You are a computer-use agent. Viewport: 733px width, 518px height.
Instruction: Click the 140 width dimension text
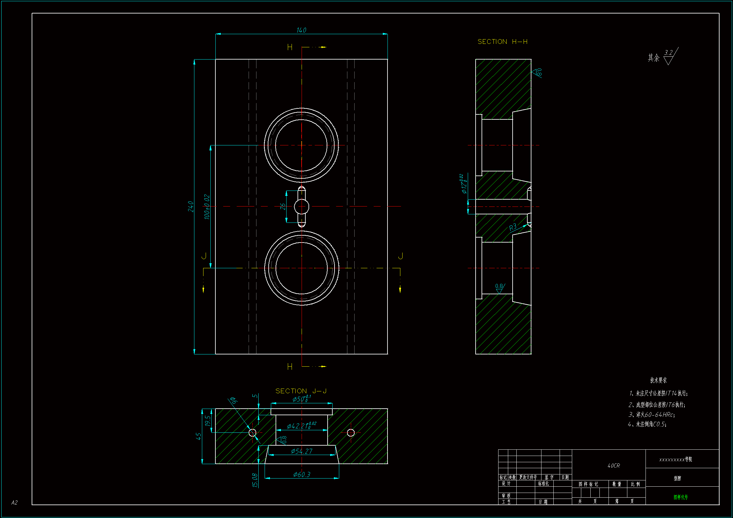301,30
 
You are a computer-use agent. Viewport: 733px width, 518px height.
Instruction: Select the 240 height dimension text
191,207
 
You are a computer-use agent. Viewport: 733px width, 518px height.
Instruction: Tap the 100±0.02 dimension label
207,207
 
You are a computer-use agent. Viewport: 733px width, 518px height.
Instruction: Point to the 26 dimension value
283,207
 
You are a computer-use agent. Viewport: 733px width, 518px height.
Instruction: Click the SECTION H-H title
502,42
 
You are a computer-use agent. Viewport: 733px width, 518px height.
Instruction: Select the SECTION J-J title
301,391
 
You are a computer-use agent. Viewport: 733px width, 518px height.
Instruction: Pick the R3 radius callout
512,227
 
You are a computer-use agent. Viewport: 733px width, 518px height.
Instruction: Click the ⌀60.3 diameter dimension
302,474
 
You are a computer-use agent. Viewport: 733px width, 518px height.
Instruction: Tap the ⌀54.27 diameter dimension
302,451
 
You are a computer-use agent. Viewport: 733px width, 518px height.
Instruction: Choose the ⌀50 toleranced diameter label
301,399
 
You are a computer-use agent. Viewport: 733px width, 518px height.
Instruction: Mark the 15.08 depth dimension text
255,480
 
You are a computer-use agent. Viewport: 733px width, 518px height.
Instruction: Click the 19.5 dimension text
208,421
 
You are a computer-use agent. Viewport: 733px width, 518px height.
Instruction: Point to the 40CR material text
614,466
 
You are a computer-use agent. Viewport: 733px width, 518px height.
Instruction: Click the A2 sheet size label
14,503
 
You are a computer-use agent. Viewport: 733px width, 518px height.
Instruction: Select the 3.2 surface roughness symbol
669,56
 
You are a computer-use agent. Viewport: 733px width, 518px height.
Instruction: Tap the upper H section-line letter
290,48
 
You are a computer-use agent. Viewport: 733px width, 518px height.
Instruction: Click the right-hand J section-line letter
400,256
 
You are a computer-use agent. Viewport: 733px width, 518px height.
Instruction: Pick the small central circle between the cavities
301,207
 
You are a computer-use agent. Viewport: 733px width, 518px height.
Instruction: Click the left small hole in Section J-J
252,433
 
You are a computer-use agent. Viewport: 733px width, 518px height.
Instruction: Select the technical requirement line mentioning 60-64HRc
651,415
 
